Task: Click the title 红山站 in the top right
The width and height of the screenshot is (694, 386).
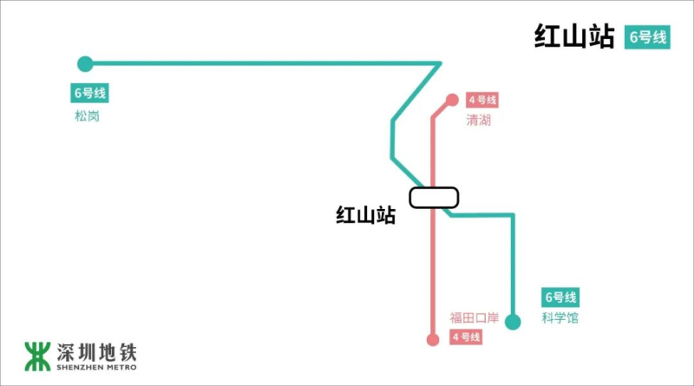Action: [x=574, y=37]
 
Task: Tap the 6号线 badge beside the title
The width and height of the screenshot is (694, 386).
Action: [x=647, y=37]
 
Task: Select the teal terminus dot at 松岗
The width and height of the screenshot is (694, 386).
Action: [x=85, y=63]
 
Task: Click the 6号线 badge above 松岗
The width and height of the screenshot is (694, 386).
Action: [x=89, y=93]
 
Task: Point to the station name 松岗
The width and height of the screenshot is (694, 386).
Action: [x=87, y=115]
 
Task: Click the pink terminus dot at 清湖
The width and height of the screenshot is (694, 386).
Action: [x=451, y=100]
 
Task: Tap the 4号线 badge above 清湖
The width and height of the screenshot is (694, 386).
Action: [x=481, y=100]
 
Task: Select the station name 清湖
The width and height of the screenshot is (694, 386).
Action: [x=478, y=121]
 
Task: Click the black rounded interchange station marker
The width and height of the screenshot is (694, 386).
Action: [x=434, y=198]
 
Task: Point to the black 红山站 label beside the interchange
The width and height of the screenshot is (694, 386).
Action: [x=365, y=215]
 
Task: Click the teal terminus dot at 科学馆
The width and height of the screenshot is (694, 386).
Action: [x=513, y=323]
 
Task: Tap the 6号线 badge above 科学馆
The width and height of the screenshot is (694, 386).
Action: [x=560, y=297]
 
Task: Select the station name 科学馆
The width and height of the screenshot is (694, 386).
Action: [x=560, y=318]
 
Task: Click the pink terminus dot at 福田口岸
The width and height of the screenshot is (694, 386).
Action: [x=433, y=339]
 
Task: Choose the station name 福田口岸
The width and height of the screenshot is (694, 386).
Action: [x=474, y=318]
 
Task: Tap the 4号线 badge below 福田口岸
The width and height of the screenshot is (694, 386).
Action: [x=466, y=337]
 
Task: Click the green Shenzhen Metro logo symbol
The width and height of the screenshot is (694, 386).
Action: [x=37, y=355]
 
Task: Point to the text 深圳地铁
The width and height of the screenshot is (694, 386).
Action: [x=96, y=351]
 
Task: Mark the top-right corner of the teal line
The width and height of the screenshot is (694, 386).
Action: [x=441, y=63]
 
